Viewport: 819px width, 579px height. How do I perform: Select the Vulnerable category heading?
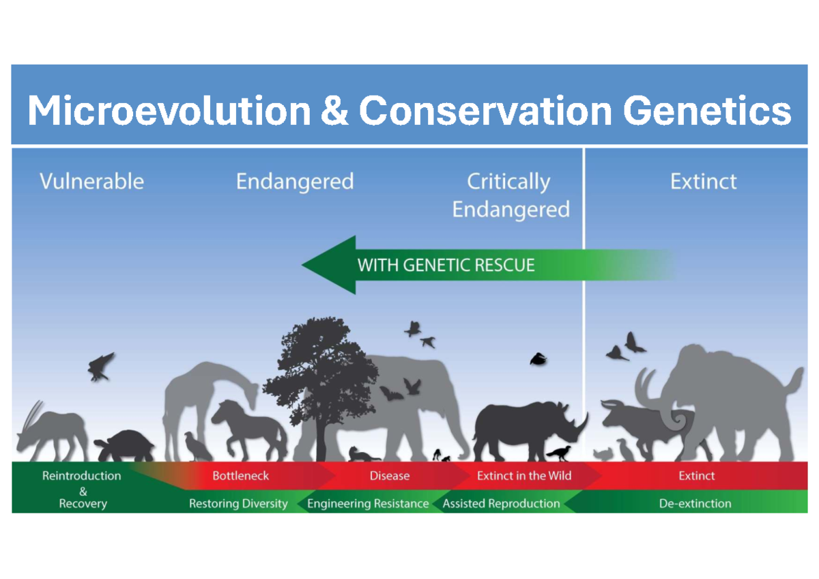91,182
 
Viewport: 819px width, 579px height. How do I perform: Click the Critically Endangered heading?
510,195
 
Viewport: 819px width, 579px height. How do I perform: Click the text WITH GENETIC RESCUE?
446,266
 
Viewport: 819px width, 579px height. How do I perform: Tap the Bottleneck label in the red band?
240,475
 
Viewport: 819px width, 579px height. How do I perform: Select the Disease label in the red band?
389,475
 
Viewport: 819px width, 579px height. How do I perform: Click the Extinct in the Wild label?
523,475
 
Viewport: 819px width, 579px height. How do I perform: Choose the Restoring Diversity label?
238,504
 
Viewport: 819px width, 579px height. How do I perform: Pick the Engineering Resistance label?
368,504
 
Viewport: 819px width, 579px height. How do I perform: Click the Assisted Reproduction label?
501,504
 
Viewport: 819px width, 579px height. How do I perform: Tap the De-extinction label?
695,504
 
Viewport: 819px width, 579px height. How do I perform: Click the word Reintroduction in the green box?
81,475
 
